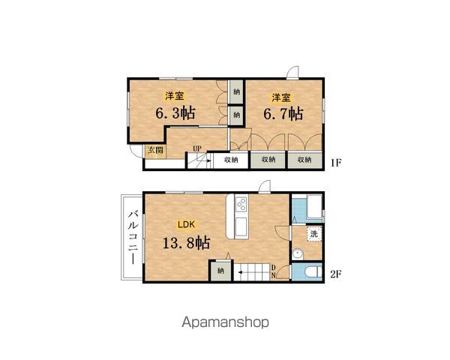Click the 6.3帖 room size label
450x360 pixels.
coord(175,112)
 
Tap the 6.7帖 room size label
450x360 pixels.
coord(283,113)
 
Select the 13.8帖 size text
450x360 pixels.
coord(186,243)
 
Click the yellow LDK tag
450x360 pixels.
coord(186,224)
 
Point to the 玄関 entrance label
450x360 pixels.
coord(155,150)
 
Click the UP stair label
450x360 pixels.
coord(196,148)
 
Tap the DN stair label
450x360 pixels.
coord(274,271)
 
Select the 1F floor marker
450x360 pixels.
coord(335,163)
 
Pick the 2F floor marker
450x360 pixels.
coord(335,274)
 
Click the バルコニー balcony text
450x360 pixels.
coord(133,237)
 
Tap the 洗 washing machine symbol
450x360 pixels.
coord(314,234)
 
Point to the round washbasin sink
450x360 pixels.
coord(298,254)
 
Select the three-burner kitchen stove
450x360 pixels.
coord(241,204)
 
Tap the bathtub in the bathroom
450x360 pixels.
coord(314,207)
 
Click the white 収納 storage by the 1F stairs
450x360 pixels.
coord(231,160)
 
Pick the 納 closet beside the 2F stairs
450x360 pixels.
coord(220,271)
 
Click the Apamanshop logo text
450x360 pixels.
coord(226,322)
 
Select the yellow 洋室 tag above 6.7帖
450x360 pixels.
coord(281,97)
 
